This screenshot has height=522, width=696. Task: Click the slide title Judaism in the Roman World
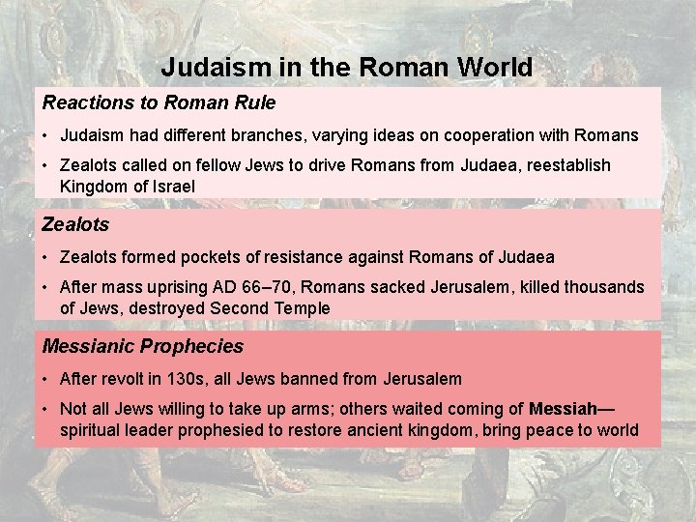[346, 68]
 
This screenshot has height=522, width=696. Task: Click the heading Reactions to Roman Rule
[159, 102]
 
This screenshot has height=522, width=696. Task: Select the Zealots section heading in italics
[75, 224]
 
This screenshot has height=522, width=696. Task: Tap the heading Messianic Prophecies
[142, 346]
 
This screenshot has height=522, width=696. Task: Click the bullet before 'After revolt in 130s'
[46, 379]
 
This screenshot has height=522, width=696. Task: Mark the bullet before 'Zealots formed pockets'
[46, 257]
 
